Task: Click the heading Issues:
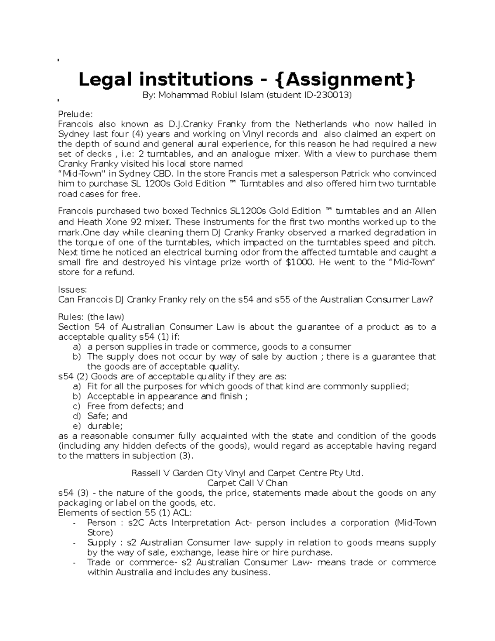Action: tap(73, 290)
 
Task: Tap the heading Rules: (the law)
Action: tap(91, 317)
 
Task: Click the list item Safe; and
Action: tap(107, 416)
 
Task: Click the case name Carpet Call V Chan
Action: tap(247, 483)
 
